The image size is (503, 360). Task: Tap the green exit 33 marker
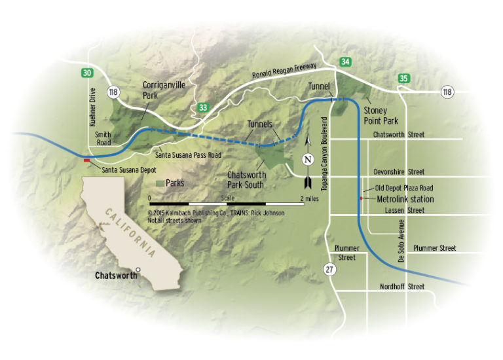point(203,108)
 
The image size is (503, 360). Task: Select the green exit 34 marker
point(345,62)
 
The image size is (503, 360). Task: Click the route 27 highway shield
point(332,269)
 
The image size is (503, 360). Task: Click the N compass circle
point(308,159)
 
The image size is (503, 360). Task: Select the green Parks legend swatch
point(160,183)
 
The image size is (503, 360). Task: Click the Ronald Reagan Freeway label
point(285,71)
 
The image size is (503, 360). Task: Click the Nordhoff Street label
point(402,287)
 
